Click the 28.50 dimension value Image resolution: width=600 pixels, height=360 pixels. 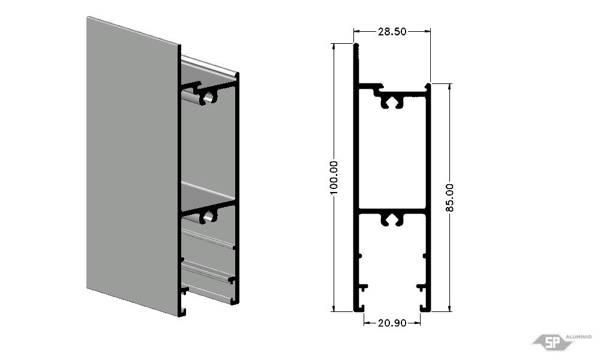pyautogui.click(x=392, y=31)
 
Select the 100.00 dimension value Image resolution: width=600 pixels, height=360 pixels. pyautogui.click(x=334, y=178)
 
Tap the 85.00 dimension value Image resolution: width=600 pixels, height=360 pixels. pyautogui.click(x=449, y=197)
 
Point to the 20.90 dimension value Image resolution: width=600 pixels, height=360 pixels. pyautogui.click(x=392, y=323)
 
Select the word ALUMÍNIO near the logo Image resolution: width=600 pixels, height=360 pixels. pyautogui.click(x=578, y=337)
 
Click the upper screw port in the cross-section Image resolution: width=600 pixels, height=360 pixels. pyautogui.click(x=392, y=102)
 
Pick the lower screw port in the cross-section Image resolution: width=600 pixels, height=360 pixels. pyautogui.click(x=392, y=219)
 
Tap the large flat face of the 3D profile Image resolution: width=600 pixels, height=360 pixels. pyautogui.click(x=133, y=167)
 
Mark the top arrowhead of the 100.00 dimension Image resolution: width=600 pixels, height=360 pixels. pyautogui.click(x=334, y=47)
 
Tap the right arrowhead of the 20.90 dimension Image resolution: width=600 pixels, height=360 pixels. pyautogui.click(x=417, y=323)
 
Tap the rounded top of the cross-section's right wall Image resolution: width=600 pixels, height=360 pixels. pyautogui.click(x=428, y=86)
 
